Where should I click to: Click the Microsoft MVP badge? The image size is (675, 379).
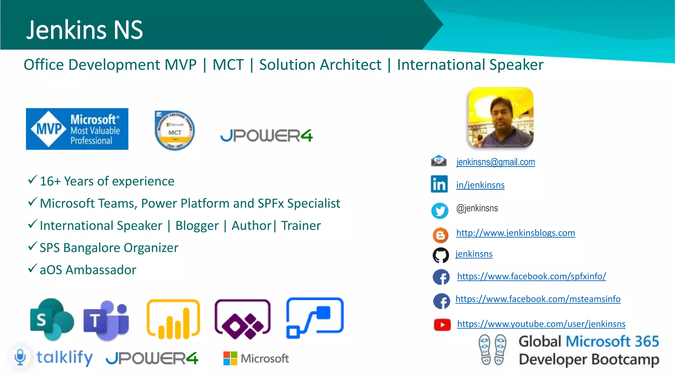pos(77,129)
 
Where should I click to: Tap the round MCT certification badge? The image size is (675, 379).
pos(175,131)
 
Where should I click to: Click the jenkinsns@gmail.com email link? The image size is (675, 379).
pos(495,162)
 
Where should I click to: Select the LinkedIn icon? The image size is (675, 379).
pos(439,184)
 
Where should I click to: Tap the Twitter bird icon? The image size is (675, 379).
pos(440,211)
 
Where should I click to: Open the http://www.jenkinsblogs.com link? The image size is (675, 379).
pos(515,233)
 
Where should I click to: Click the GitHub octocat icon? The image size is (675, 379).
pos(441,255)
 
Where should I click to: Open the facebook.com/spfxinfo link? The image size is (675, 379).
pos(531,276)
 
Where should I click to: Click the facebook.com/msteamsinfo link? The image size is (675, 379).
pos(538,299)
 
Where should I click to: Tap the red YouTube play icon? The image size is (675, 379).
pos(442,325)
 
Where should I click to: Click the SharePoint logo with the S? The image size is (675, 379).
pos(52,319)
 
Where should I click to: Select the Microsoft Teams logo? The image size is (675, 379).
pos(106,320)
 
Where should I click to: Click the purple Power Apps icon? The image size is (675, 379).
pos(243,319)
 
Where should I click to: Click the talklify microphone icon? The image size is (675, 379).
pos(20,357)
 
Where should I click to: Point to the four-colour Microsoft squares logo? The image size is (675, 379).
pos(230,358)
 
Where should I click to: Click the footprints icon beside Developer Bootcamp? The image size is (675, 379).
pos(492,350)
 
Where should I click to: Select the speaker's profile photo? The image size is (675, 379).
pos(501,117)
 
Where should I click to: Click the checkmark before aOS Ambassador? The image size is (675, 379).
pos(32,268)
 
